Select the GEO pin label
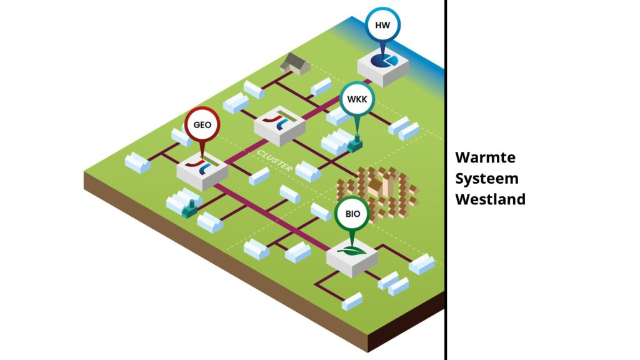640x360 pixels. pos(202,125)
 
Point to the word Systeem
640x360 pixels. pos(486,178)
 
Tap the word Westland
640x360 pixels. pos(489,199)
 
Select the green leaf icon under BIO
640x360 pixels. pos(352,251)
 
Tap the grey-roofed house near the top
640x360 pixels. pos(295,63)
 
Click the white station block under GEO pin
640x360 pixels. pos(201,172)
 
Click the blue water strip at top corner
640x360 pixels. pos(431,50)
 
